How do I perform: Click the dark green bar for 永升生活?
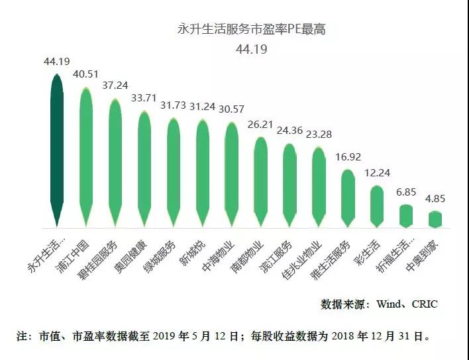[57, 149]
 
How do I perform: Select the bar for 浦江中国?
[85, 156]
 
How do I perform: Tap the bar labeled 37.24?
[115, 162]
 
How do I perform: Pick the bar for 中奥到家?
[435, 219]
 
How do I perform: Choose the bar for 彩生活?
[376, 206]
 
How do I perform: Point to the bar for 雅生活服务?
[347, 198]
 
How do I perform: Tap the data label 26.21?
[260, 124]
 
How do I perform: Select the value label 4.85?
[435, 199]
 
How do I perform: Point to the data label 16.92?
[347, 158]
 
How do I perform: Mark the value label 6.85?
[405, 192]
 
